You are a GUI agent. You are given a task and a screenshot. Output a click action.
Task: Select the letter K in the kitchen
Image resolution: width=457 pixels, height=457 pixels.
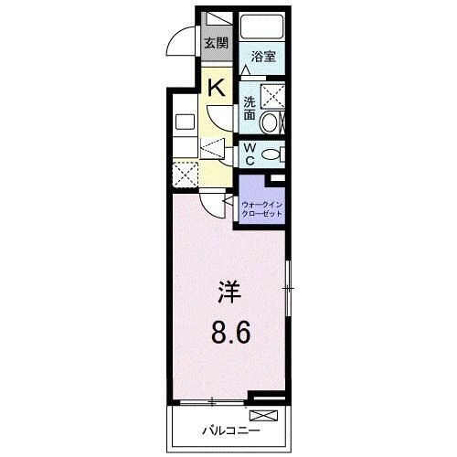216,88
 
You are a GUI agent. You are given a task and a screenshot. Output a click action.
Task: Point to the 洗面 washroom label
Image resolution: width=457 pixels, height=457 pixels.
249,108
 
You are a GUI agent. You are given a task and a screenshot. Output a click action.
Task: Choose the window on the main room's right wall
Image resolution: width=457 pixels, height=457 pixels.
289,290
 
